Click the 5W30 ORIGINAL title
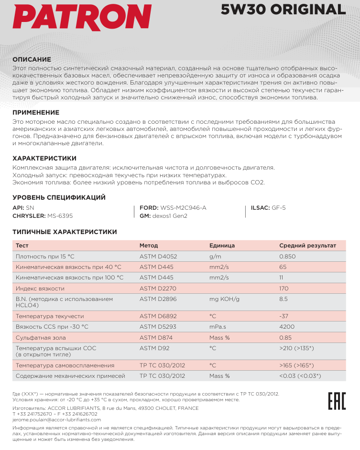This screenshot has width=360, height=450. pos(283,10)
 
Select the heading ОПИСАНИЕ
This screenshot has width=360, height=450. pos(32,59)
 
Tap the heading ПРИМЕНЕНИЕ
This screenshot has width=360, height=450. pos(35,113)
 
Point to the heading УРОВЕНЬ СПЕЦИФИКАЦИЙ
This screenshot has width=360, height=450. pos(59,197)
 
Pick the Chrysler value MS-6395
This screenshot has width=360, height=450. pos(60,216)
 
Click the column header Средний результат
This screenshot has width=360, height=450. pos(307,246)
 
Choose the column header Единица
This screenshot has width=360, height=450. pos(222,246)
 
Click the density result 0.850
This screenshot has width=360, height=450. pos(287,257)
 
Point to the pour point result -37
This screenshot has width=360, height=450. pos(284,316)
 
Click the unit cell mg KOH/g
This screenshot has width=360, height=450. pos(224,299)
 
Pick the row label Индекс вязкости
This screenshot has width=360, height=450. pos(40,289)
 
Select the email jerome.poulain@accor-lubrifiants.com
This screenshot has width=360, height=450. pos(57,419)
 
